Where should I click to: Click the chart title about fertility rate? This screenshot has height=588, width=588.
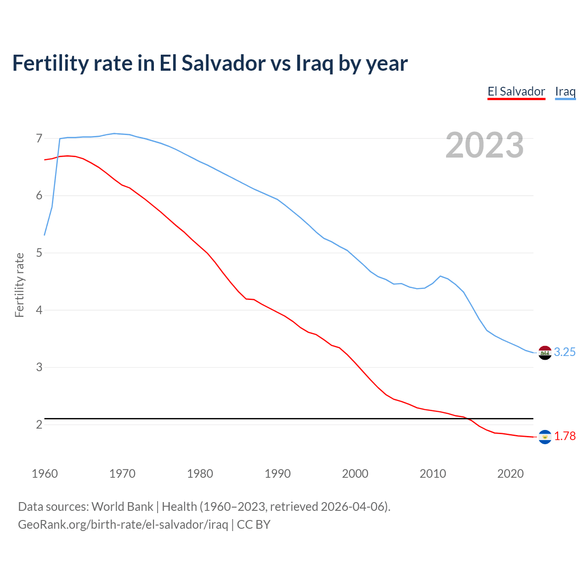210,63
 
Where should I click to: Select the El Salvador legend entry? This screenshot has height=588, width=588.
516,91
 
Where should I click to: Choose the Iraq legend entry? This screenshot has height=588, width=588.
565,91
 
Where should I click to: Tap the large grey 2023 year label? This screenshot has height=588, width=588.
485,145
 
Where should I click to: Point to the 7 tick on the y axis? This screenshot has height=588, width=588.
39,138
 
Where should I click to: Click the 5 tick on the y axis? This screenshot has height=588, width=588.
39,253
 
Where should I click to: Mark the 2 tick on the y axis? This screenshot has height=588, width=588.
39,424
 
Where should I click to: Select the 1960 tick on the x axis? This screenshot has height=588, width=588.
45,474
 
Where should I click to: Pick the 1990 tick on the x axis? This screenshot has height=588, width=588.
277,474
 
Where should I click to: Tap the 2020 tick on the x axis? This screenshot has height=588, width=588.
510,474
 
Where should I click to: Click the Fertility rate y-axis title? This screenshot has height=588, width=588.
19,285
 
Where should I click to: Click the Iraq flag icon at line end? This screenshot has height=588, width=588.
545,353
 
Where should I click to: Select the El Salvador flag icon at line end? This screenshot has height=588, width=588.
545,437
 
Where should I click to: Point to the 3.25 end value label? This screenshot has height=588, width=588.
565,352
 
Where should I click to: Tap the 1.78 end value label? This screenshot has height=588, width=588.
565,436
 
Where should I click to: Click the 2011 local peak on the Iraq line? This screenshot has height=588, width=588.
441,276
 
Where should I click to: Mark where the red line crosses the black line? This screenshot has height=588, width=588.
468,418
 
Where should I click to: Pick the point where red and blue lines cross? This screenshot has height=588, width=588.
57,157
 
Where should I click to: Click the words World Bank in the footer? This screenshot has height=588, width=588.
122,507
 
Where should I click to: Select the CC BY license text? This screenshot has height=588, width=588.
254,525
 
